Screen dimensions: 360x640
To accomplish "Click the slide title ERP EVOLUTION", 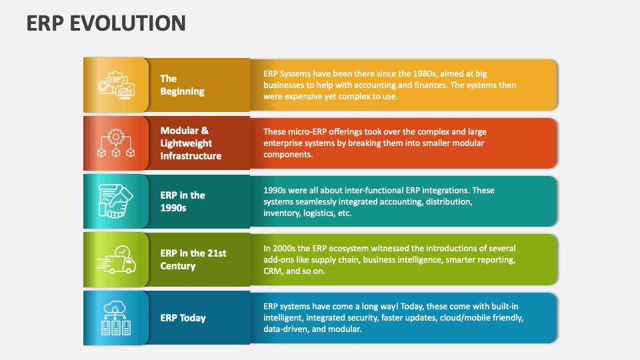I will tap(106, 23).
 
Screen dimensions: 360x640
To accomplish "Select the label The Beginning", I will tap(182, 85).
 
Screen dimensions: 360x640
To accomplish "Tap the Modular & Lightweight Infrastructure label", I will tap(191, 143).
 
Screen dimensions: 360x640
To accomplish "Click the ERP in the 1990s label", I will tap(183, 201).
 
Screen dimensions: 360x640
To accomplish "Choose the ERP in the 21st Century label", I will tap(193, 259).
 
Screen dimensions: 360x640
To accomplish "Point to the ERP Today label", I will tap(183, 318).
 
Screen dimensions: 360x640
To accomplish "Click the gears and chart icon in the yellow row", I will tap(116, 85).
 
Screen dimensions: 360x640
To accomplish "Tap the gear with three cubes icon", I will tap(116, 143).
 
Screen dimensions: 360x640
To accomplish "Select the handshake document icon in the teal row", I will tap(116, 201).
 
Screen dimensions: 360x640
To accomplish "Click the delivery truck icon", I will tap(116, 259).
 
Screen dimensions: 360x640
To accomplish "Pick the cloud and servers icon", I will tap(116, 318).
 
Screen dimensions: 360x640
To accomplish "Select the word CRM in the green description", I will tap(274, 271).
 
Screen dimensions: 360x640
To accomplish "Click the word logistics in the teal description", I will tap(319, 213).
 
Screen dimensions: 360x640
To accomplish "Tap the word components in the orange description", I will tap(287, 155).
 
